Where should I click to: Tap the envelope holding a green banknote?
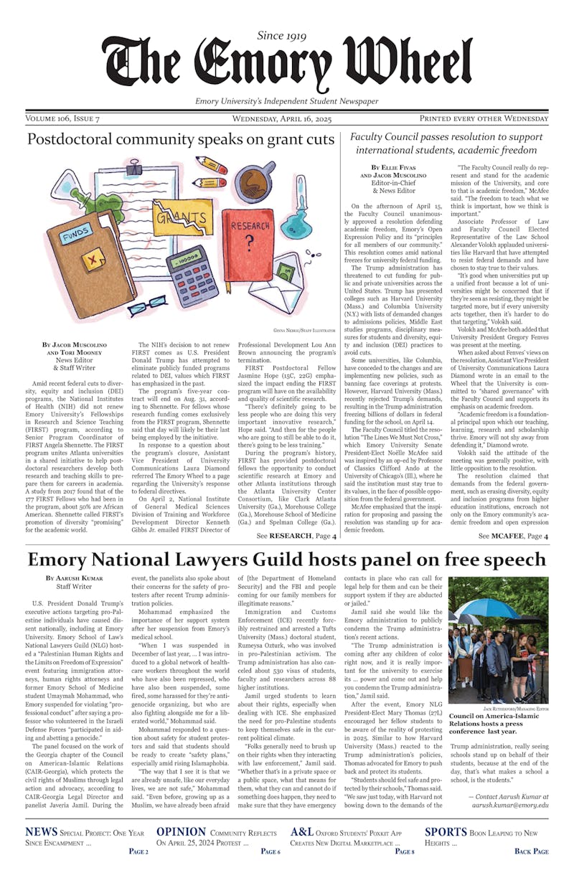pyautogui.click(x=292, y=275)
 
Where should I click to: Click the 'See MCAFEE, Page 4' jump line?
pyautogui.click(x=513, y=536)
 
